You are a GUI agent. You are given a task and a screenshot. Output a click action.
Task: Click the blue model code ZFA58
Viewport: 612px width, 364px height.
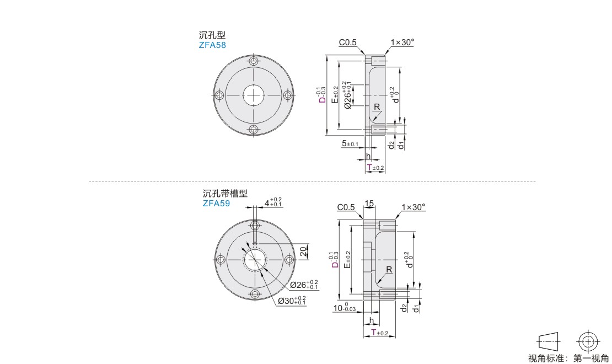(212, 45)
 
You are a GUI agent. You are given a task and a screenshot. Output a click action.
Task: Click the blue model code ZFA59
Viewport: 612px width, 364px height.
(216, 203)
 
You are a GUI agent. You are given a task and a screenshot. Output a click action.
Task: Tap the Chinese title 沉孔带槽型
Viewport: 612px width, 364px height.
(225, 194)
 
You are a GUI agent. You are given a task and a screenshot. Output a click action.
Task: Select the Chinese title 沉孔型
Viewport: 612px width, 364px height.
(212, 35)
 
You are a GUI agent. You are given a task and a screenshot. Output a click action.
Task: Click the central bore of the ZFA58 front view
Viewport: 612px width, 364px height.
(254, 95)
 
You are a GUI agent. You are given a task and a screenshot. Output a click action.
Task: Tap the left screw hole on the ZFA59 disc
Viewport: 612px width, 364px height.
(221, 260)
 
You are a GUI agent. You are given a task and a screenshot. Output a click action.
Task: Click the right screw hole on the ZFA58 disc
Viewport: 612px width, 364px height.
(288, 95)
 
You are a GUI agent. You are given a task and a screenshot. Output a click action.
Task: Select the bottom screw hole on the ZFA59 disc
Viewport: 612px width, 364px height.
(255, 294)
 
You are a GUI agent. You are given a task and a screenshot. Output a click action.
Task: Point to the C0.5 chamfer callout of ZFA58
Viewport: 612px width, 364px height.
(347, 42)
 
